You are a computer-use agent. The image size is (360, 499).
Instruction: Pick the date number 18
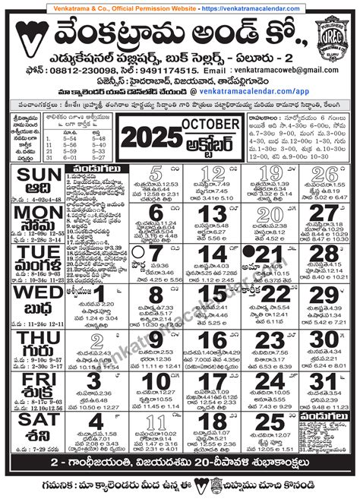point(216,422)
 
